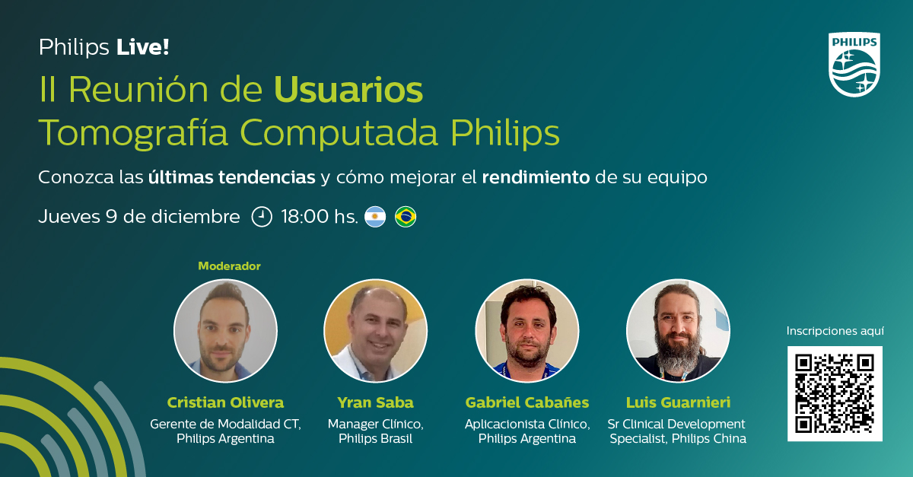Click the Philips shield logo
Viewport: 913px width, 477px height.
pyautogui.click(x=854, y=65)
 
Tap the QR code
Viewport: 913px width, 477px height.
pyautogui.click(x=835, y=393)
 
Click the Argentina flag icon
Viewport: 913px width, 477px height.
pyautogui.click(x=375, y=217)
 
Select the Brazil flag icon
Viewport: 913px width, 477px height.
pyautogui.click(x=406, y=217)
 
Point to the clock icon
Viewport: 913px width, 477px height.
pyautogui.click(x=262, y=217)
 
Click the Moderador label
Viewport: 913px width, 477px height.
pyautogui.click(x=229, y=266)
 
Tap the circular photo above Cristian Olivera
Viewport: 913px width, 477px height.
pyautogui.click(x=225, y=330)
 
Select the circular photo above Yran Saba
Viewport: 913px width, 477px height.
pyautogui.click(x=375, y=330)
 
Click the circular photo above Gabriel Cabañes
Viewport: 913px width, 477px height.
pyautogui.click(x=526, y=330)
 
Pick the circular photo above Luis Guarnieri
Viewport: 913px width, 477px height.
pyautogui.click(x=678, y=330)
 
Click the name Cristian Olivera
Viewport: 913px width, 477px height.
pyautogui.click(x=225, y=402)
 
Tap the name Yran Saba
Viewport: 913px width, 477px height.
pyautogui.click(x=375, y=402)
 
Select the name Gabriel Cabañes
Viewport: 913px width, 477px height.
pyautogui.click(x=526, y=402)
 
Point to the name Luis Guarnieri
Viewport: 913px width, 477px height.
pyautogui.click(x=678, y=402)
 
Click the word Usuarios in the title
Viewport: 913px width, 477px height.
pyautogui.click(x=348, y=91)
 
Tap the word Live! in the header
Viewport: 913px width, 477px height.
pyautogui.click(x=142, y=48)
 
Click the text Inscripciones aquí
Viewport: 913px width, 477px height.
pyautogui.click(x=835, y=331)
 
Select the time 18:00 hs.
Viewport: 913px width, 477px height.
pyautogui.click(x=319, y=217)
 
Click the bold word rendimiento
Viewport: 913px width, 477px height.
pyautogui.click(x=536, y=178)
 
